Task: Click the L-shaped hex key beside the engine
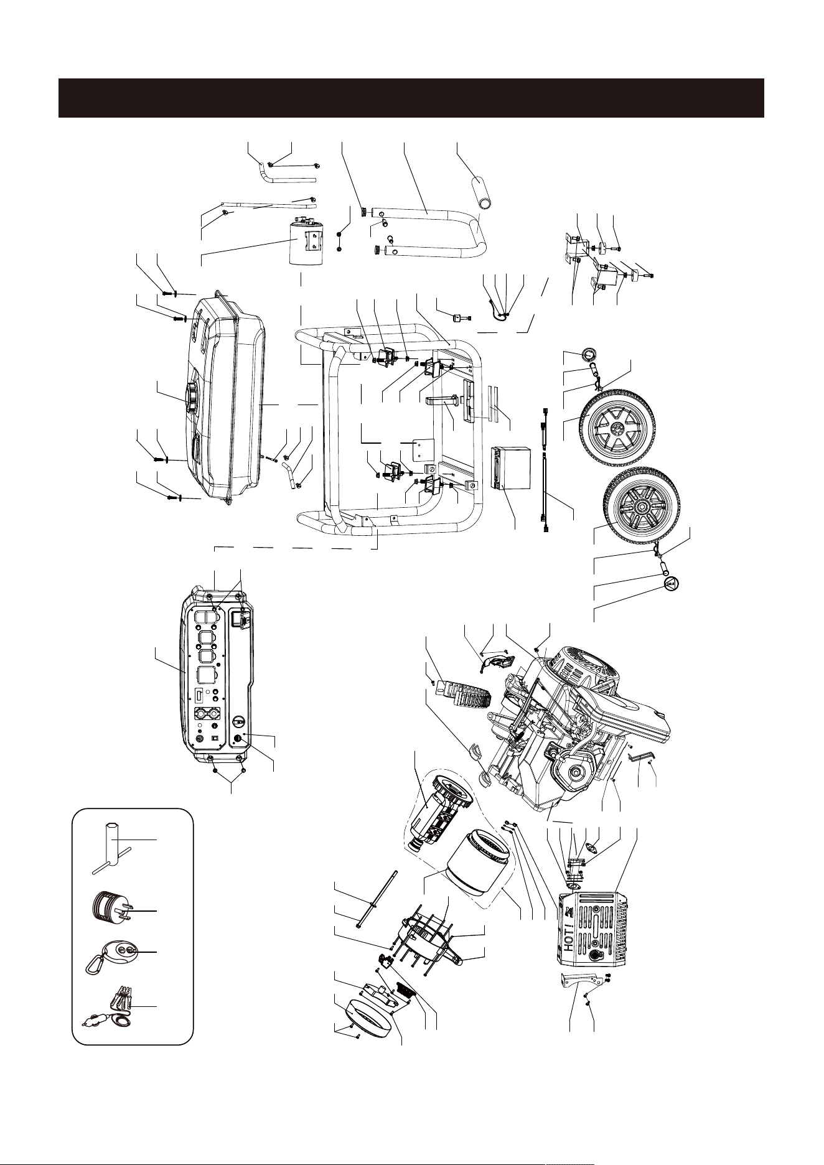[x=636, y=758]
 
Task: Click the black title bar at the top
[x=411, y=98]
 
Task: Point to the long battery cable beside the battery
[x=546, y=492]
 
